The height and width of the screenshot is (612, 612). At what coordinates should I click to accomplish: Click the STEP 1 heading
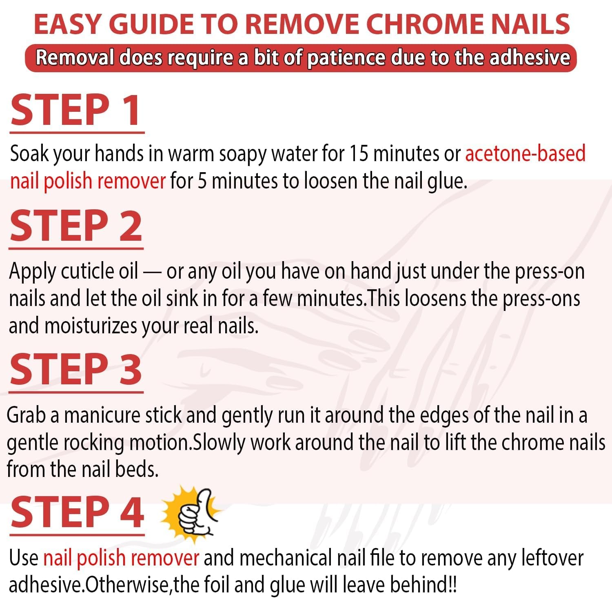click(x=76, y=110)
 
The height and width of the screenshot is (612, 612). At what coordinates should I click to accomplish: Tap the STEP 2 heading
click(x=76, y=226)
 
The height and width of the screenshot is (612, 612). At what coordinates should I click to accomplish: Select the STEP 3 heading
click(x=76, y=370)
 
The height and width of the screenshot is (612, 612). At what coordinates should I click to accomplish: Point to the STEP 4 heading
click(x=77, y=512)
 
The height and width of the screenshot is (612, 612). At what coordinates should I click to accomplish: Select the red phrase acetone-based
click(x=525, y=154)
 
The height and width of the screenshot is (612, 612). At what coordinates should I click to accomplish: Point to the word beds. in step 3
click(x=137, y=470)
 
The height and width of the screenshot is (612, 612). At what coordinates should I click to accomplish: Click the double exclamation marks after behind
click(x=452, y=585)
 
